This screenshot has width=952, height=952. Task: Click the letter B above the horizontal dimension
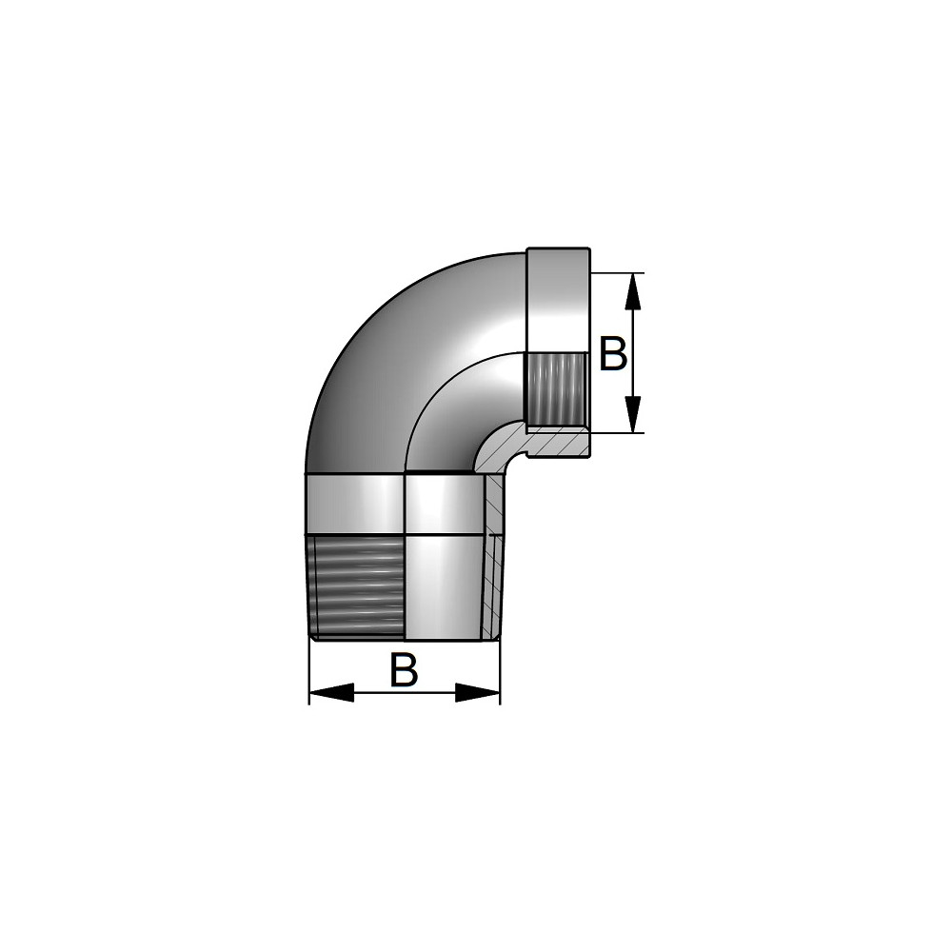(405, 669)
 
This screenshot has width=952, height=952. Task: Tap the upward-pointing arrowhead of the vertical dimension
(633, 292)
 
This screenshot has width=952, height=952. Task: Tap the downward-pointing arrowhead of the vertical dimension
(633, 413)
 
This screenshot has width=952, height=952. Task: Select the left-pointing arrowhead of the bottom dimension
(331, 693)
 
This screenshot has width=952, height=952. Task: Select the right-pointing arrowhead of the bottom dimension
(478, 693)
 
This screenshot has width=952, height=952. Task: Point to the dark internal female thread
(556, 389)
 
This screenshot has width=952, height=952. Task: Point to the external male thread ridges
(356, 585)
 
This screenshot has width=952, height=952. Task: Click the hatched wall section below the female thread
(557, 442)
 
